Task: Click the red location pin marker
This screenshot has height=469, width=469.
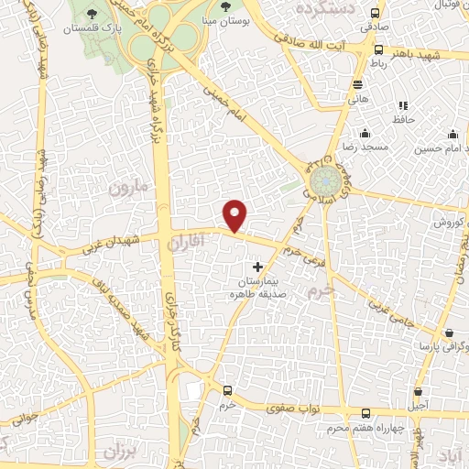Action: [235, 215]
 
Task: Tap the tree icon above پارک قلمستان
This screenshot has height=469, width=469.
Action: [92, 12]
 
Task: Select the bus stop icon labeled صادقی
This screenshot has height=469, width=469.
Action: [375, 13]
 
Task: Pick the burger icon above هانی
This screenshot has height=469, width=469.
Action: [356, 84]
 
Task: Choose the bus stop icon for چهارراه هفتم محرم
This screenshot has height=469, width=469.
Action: [365, 413]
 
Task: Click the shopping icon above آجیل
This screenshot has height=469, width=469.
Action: [419, 388]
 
